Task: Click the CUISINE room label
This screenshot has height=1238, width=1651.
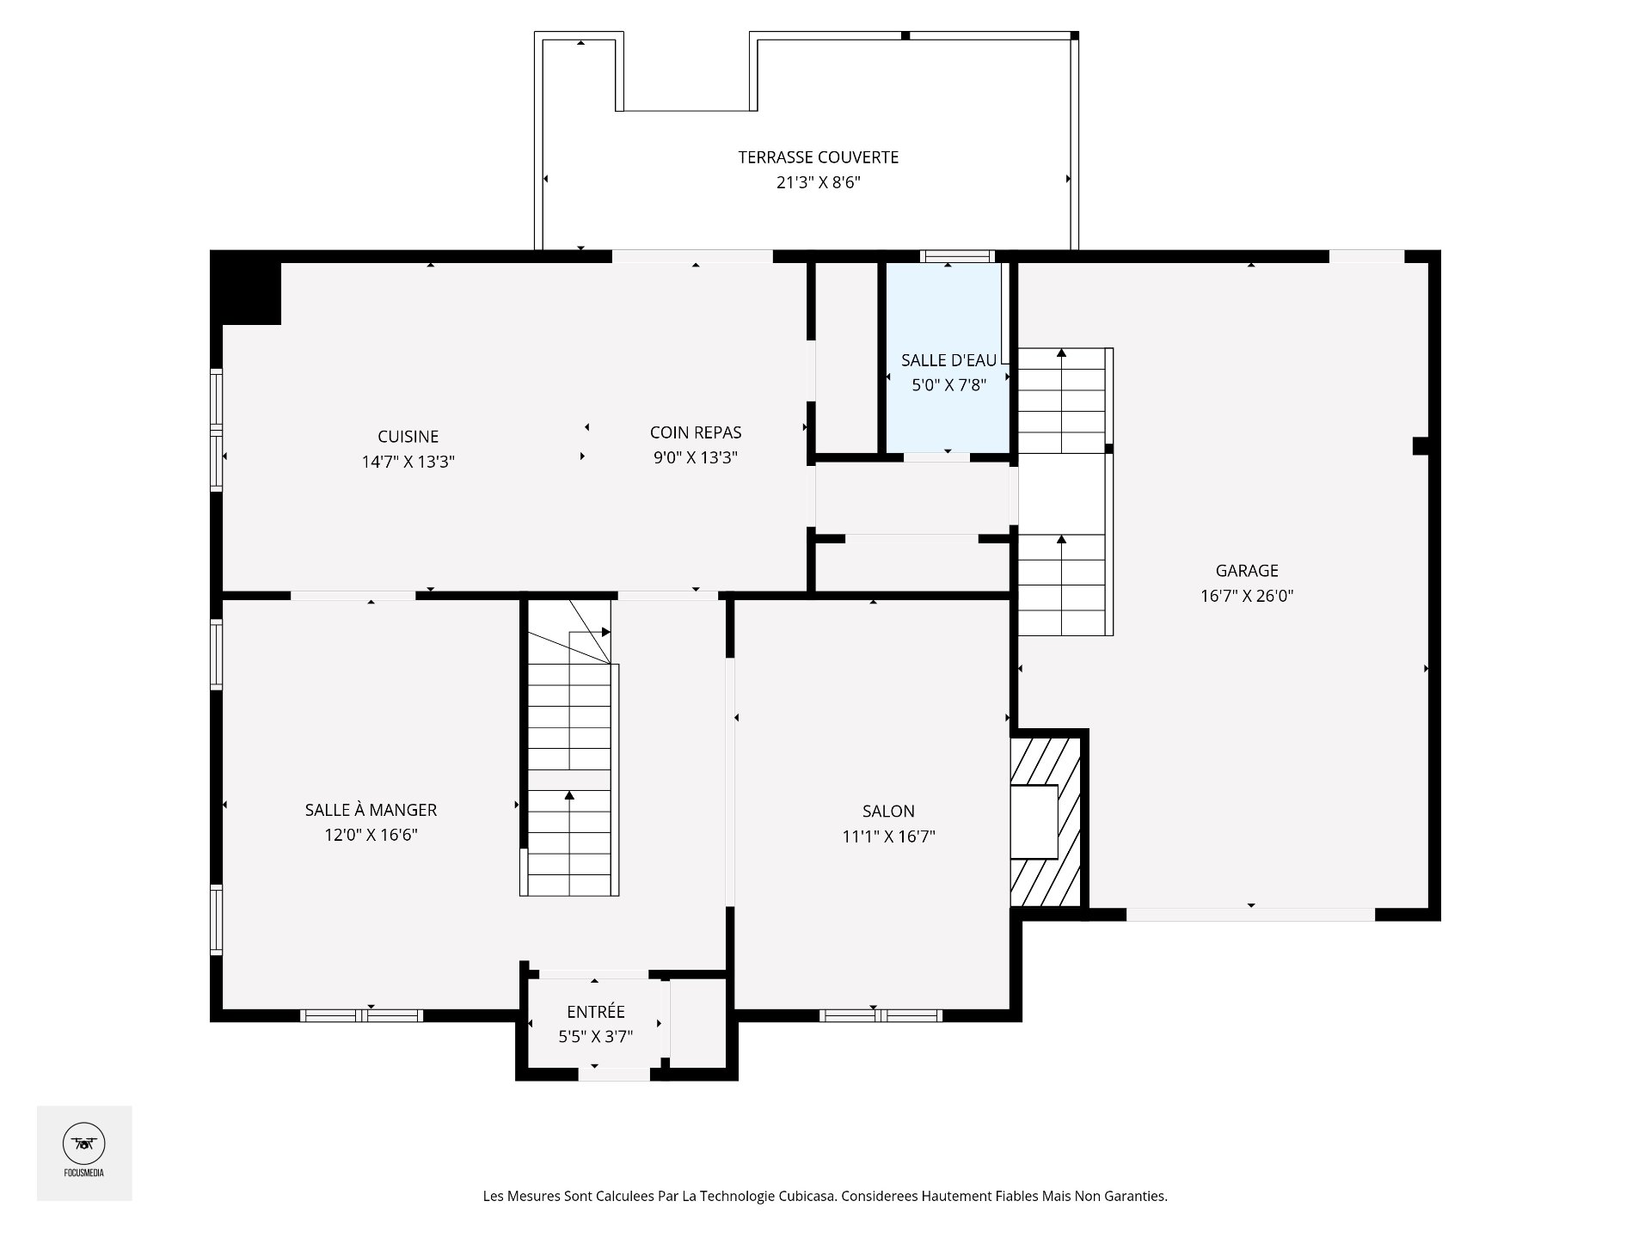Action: pos(408,437)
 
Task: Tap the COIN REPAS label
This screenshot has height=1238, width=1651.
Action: pos(696,432)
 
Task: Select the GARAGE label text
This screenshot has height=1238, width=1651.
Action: pos(1247,571)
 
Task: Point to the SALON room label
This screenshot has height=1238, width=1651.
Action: pos(888,811)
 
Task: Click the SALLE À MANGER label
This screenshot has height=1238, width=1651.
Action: pos(371,810)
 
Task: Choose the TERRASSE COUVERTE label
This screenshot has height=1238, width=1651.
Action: pos(819,157)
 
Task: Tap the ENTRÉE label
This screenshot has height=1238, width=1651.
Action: pos(596,1012)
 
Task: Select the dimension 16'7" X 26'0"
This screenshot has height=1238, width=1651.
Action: pos(1247,596)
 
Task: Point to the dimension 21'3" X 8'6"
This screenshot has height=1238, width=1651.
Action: pos(819,182)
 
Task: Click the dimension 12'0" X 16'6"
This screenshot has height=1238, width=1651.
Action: pos(371,835)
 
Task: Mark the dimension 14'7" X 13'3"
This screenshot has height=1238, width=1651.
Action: pos(408,462)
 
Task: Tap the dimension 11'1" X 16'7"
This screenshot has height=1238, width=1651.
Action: pos(888,836)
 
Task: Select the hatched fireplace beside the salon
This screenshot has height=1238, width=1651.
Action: pos(1045,821)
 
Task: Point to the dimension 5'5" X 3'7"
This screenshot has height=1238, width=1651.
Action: pos(596,1037)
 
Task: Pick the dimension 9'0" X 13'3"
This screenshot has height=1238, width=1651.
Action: pos(696,457)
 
